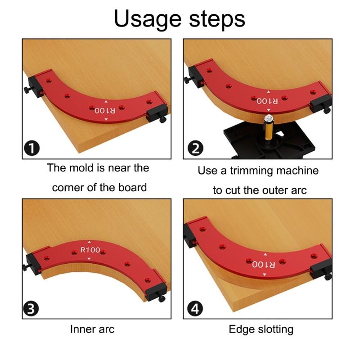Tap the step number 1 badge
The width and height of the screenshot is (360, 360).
coord(33,148)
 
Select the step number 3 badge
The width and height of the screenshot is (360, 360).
coord(33,309)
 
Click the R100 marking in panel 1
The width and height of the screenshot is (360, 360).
coord(105,110)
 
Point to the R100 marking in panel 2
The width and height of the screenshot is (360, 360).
coord(268,101)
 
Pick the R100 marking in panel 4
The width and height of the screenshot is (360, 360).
coord(264,264)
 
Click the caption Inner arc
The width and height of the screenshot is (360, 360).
coord(92,329)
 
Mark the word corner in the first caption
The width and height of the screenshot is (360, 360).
coord(69,187)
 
